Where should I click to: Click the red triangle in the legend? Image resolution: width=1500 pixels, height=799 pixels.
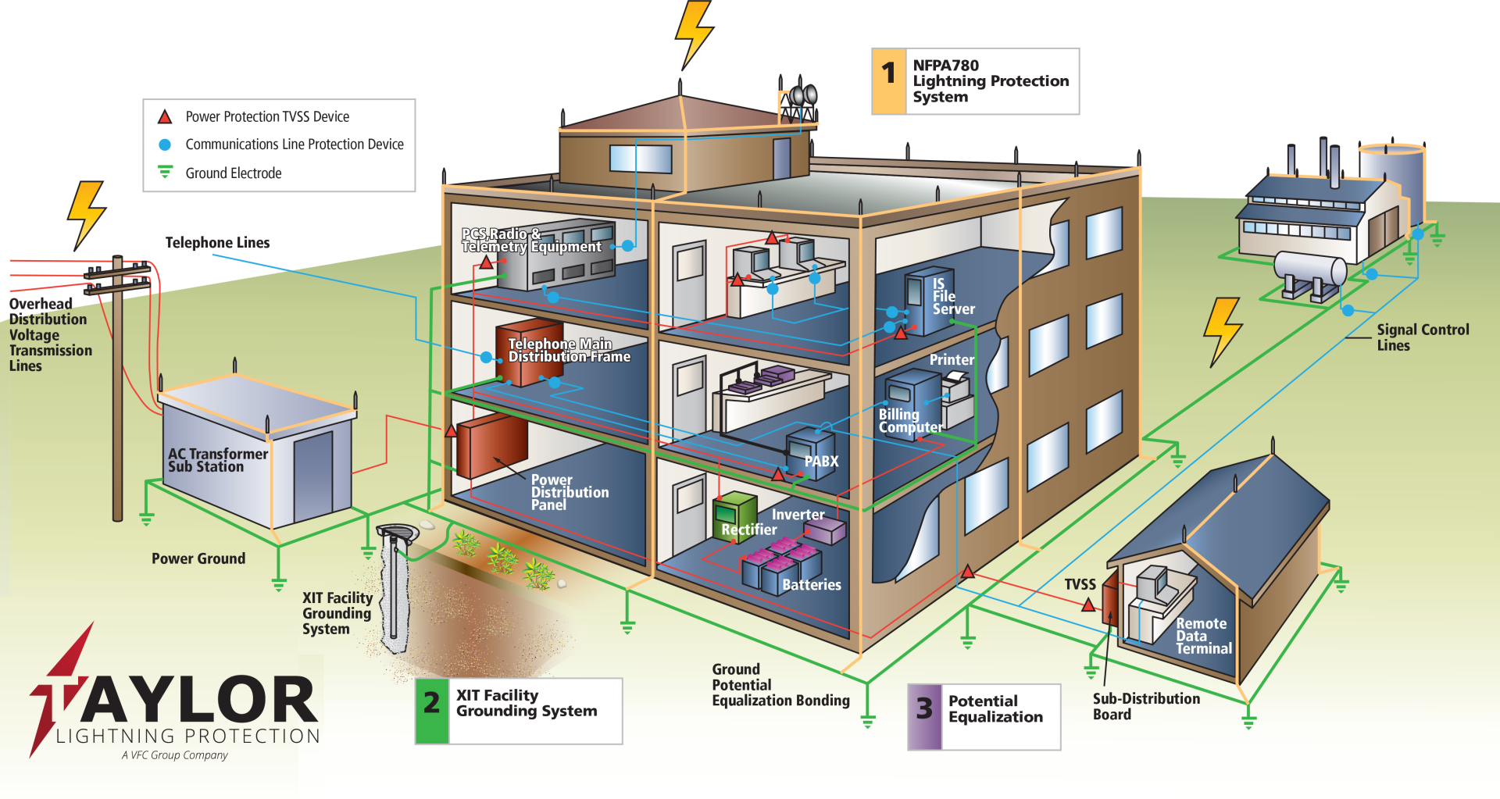tap(165, 117)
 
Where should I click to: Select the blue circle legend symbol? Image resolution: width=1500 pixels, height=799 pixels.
tap(165, 144)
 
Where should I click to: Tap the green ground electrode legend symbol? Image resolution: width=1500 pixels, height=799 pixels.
tap(165, 172)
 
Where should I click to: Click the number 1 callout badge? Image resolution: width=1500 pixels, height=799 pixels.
tap(888, 81)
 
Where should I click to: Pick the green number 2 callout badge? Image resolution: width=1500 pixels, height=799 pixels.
tap(432, 711)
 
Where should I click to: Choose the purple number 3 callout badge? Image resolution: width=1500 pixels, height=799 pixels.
tap(925, 716)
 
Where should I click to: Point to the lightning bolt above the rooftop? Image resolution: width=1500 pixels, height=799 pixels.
tap(694, 33)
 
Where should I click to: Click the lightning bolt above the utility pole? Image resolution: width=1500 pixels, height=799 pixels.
tap(86, 212)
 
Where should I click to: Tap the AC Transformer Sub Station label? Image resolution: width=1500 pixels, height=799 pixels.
tap(217, 460)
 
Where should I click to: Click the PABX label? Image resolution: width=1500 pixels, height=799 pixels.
tap(821, 462)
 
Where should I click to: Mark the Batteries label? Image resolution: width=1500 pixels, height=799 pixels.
tap(811, 585)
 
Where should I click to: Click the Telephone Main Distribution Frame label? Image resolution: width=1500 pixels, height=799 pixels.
tap(569, 350)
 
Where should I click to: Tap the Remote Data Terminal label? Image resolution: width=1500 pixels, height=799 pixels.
tap(1203, 636)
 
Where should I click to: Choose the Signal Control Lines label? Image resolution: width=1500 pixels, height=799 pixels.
tap(1422, 337)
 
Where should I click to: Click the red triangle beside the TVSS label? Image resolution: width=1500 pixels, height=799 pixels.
tap(1088, 605)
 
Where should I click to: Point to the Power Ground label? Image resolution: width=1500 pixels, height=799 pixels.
tap(198, 558)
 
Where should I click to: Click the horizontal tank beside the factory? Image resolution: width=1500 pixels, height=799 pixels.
tap(1310, 269)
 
